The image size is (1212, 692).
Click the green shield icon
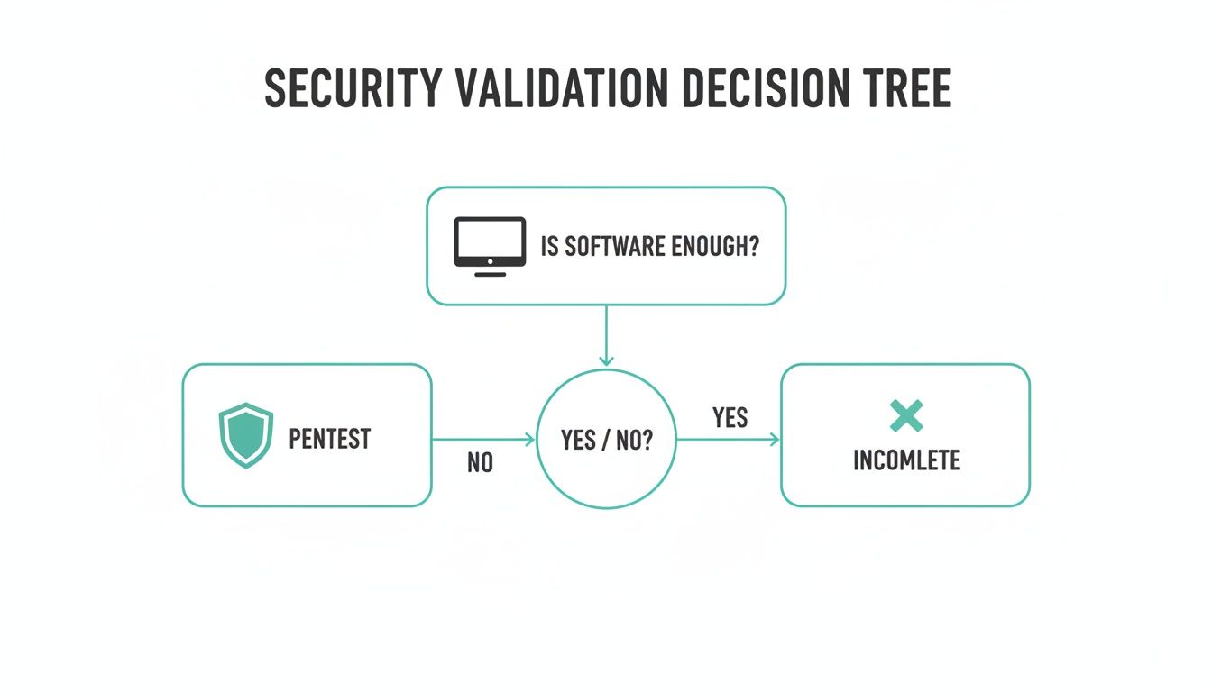coord(246,435)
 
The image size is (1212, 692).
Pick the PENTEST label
coord(329,439)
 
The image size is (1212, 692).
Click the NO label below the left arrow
coord(480,463)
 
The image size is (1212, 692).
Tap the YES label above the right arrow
coord(730,417)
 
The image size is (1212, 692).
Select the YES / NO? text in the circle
coord(606,440)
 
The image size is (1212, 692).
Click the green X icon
coord(905,415)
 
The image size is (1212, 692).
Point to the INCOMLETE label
coord(906,460)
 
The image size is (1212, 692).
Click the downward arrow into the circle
coord(606,336)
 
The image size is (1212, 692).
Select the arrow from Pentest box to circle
coord(483,440)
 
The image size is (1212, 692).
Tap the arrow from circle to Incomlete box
coord(728,440)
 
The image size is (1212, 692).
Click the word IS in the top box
coord(549,247)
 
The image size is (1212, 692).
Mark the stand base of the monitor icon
coord(490,272)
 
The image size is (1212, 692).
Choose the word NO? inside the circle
coord(633,440)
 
